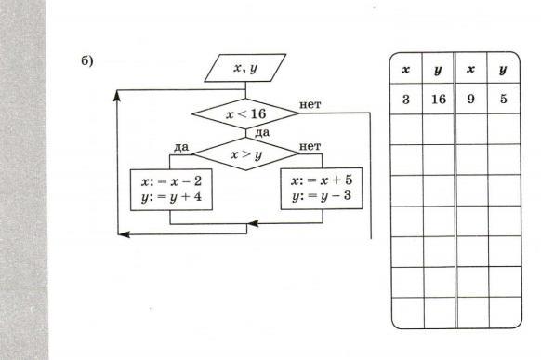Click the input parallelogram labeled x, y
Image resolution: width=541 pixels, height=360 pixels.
(x=245, y=68)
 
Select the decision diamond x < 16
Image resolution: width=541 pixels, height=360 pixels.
(x=245, y=113)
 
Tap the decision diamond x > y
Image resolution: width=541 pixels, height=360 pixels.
(x=245, y=153)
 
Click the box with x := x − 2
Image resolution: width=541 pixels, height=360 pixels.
(x=171, y=190)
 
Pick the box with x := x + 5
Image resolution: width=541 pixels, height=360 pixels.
(x=322, y=189)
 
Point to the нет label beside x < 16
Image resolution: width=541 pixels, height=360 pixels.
(x=310, y=104)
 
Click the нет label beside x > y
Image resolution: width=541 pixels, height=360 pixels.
(x=310, y=146)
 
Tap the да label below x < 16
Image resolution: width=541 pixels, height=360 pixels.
(x=262, y=133)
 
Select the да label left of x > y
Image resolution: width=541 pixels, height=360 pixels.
(x=181, y=147)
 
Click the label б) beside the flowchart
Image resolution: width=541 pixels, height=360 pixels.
(x=87, y=61)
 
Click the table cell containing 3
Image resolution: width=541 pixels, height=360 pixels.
(x=406, y=99)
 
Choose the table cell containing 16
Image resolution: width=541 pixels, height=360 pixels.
(x=439, y=99)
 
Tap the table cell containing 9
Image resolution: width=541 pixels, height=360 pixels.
(x=471, y=99)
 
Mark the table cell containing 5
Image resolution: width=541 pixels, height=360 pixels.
(x=504, y=99)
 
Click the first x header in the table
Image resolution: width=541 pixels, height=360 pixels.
(x=406, y=70)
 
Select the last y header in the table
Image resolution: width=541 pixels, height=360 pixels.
(x=503, y=70)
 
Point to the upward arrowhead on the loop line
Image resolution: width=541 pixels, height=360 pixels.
(x=117, y=96)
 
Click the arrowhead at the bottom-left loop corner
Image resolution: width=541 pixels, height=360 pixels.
(x=124, y=234)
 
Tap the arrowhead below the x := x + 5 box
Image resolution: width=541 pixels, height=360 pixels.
(x=253, y=223)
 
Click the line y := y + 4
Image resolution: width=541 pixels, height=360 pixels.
(x=171, y=197)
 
